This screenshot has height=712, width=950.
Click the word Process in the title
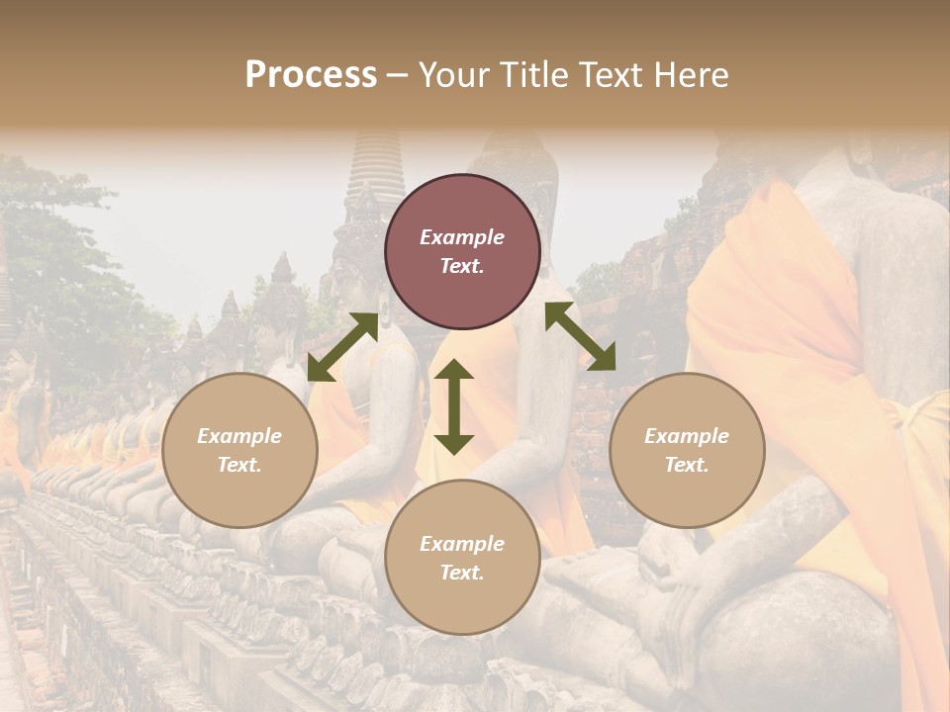pyautogui.click(x=311, y=75)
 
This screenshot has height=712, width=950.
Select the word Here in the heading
pyautogui.click(x=690, y=75)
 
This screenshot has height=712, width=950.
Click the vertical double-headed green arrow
pyautogui.click(x=454, y=406)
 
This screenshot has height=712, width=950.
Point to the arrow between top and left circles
pyautogui.click(x=342, y=347)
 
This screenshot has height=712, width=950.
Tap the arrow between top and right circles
pyautogui.click(x=581, y=336)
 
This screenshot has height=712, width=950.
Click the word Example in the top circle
pyautogui.click(x=462, y=237)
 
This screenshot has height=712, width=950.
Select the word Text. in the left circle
pyautogui.click(x=239, y=465)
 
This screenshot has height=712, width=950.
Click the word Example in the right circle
pyautogui.click(x=687, y=436)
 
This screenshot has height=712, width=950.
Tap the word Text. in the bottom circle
pyautogui.click(x=462, y=573)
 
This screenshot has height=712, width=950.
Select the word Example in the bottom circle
pyautogui.click(x=462, y=544)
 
